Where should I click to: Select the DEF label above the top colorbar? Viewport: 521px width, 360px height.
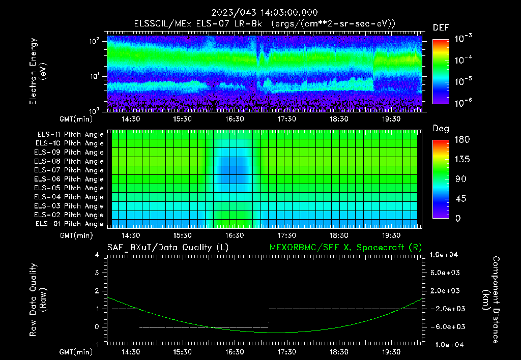tap(441, 27)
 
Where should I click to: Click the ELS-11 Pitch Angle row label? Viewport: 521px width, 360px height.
tap(70, 135)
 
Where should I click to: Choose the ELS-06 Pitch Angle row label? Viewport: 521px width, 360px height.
tap(70, 179)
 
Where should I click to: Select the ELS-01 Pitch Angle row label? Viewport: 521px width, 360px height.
tap(70, 224)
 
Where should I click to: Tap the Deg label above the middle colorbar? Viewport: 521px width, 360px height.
tap(441, 129)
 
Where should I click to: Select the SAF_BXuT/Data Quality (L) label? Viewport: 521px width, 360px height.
tap(167, 247)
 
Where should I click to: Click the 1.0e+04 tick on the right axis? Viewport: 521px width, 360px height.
tap(445, 255)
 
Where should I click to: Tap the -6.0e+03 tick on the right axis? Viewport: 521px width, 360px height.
tap(445, 326)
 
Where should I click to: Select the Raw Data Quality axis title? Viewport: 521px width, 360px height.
tap(39, 300)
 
